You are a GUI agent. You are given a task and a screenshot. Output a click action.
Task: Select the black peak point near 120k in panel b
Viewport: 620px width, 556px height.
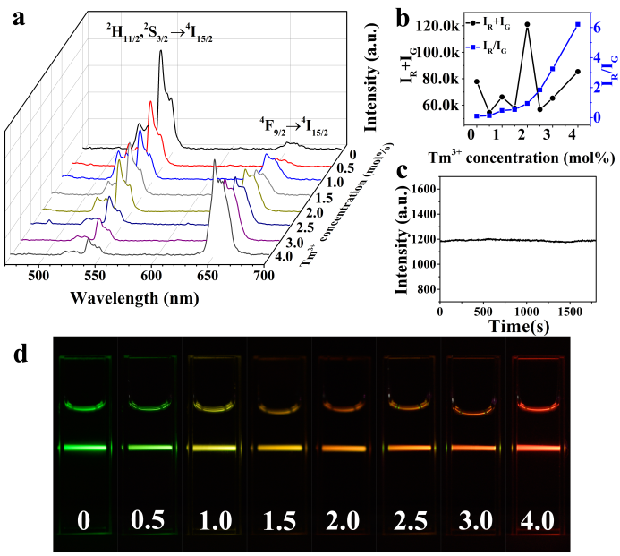point(528,24)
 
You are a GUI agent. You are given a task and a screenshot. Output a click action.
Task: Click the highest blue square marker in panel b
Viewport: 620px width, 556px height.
point(578,24)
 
